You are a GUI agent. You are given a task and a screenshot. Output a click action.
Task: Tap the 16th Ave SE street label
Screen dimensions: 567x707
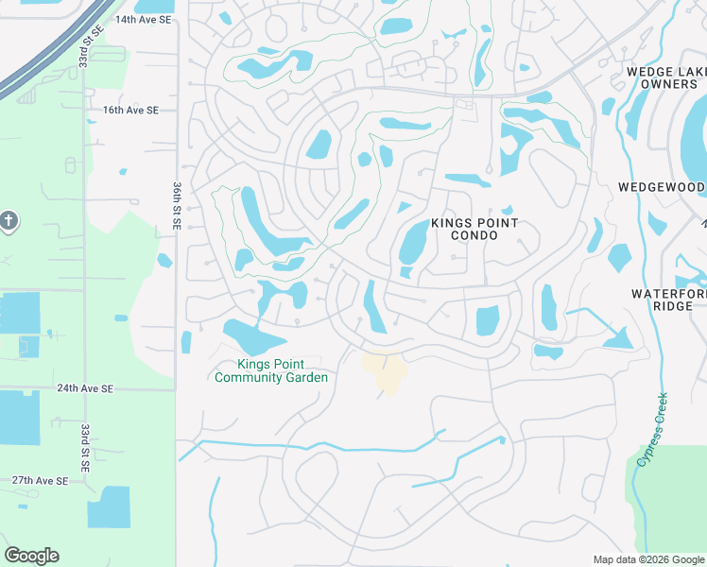(x=131, y=110)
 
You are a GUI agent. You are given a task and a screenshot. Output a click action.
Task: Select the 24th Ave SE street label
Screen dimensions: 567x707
(x=85, y=388)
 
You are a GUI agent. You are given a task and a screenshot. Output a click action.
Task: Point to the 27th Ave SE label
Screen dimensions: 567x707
(x=40, y=481)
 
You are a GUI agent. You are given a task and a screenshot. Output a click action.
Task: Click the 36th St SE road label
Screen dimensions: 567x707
(x=177, y=208)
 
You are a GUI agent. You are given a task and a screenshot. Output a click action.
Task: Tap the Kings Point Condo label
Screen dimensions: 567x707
(x=474, y=229)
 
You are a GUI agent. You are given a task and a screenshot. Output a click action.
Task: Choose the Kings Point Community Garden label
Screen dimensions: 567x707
(x=271, y=371)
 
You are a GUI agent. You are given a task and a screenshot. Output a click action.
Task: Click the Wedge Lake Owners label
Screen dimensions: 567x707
(x=666, y=78)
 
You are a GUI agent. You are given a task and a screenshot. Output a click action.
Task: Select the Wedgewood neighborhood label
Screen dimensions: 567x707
(x=662, y=187)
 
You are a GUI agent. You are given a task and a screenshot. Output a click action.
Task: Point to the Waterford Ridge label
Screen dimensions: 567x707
(x=668, y=300)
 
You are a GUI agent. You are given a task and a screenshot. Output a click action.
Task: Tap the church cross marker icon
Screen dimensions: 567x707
(x=9, y=222)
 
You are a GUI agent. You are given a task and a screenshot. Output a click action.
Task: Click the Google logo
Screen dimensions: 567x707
(x=31, y=556)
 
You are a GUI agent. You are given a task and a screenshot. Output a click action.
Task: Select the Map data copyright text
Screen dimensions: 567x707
(x=648, y=559)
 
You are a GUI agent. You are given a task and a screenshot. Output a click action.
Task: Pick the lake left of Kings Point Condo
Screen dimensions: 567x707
(x=413, y=241)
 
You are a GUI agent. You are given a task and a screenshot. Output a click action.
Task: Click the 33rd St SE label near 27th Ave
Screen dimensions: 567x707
(x=85, y=447)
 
